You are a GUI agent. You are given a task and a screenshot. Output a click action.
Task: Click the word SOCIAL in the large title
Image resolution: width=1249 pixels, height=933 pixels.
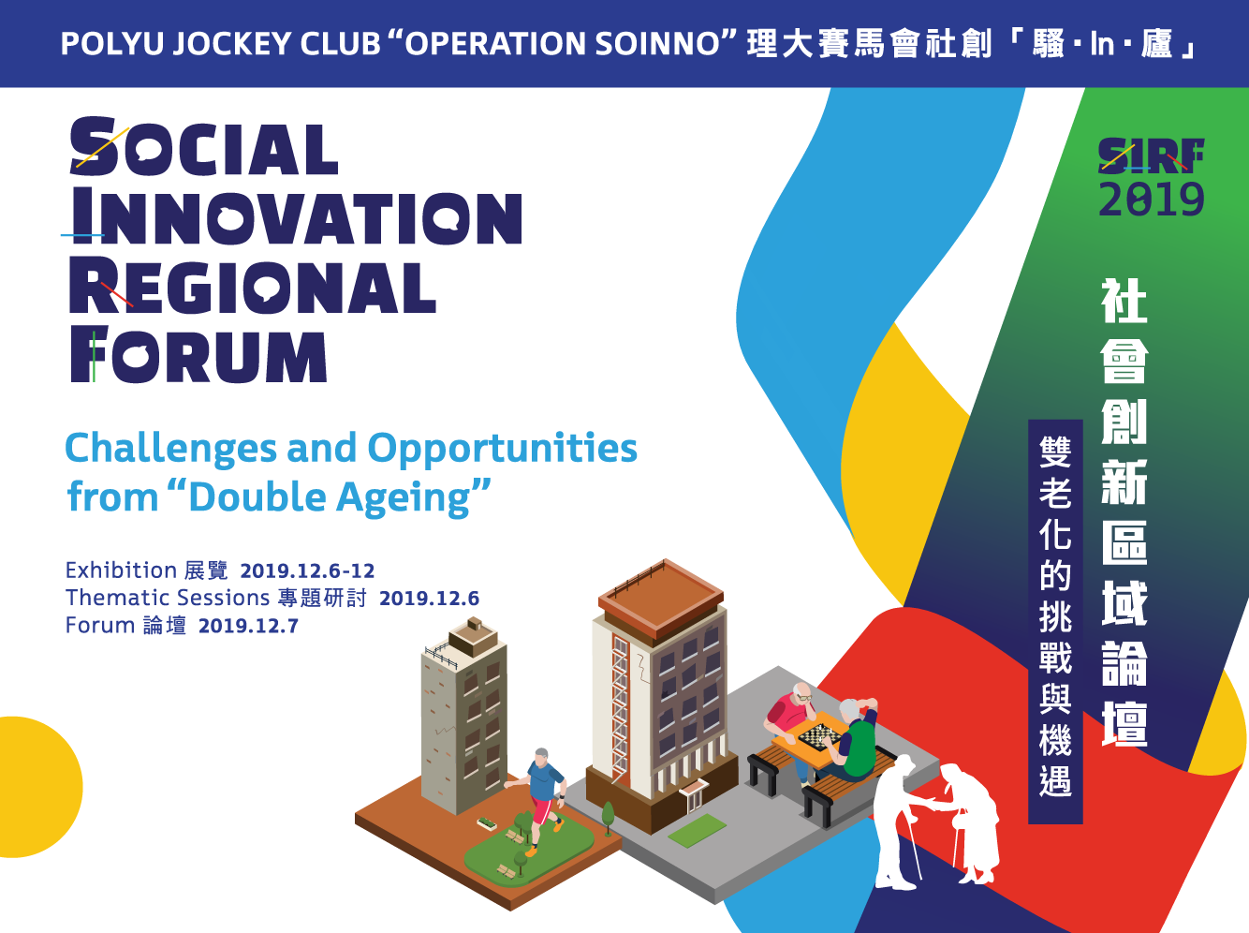(204, 146)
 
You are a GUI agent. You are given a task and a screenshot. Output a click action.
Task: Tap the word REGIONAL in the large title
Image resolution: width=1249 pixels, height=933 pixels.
(253, 285)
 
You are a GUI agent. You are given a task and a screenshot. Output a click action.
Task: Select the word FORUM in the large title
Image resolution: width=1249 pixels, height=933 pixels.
(198, 354)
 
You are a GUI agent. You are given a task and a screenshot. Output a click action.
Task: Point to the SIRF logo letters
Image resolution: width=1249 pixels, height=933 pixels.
(1151, 155)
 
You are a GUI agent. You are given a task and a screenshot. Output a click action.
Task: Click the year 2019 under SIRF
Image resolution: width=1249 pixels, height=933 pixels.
(1151, 199)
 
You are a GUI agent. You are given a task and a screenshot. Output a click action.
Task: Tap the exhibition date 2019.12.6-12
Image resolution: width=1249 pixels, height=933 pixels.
(307, 570)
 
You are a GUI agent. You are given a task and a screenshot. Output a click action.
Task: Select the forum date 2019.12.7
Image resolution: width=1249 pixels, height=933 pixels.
(249, 626)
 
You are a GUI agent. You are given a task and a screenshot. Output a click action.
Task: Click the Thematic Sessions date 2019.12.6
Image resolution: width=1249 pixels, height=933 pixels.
(429, 599)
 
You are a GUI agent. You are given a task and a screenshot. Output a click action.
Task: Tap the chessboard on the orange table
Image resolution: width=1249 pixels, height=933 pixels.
(819, 736)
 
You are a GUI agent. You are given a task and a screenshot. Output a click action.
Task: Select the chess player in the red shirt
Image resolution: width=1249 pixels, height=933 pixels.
(791, 723)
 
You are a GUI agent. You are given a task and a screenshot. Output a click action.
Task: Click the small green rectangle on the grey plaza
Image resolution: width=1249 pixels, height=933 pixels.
(697, 830)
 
